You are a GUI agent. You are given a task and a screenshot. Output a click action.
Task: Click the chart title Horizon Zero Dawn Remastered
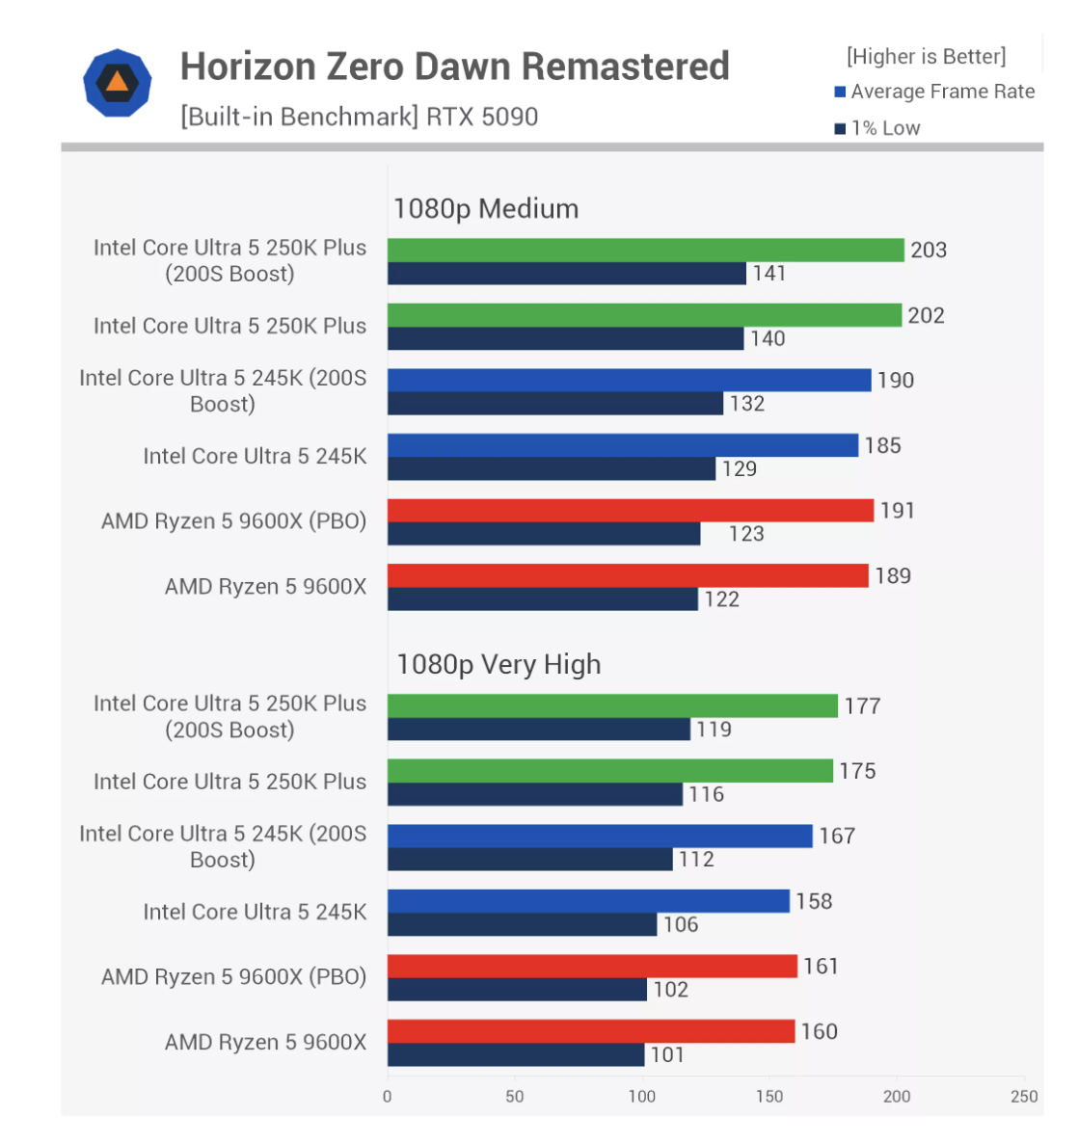454,66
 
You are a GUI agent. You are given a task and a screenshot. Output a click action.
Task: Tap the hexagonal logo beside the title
118,84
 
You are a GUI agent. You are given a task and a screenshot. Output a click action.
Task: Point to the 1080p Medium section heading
486,209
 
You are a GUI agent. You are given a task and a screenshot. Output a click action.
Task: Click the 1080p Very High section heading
499,665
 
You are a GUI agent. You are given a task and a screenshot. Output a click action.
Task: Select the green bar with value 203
645,251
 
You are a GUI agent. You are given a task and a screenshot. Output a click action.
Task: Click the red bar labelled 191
630,511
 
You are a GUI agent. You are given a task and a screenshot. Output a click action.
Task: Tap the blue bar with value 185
622,445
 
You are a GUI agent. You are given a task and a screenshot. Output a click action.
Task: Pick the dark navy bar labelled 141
566,274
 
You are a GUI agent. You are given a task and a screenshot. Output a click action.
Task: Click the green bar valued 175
609,771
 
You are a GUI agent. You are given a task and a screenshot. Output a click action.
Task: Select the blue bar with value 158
588,901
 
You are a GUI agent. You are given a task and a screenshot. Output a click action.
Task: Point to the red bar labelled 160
590,1031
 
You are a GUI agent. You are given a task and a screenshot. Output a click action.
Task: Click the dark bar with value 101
515,1055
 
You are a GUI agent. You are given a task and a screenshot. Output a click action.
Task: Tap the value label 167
837,837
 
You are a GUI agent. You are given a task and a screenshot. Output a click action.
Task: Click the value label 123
746,534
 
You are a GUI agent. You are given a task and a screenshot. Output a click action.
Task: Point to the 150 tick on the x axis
769,1096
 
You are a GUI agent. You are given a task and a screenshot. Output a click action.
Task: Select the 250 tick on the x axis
1024,1096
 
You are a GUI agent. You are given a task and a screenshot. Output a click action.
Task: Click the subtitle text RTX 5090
482,118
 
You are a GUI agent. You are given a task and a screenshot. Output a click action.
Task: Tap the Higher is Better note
926,57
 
